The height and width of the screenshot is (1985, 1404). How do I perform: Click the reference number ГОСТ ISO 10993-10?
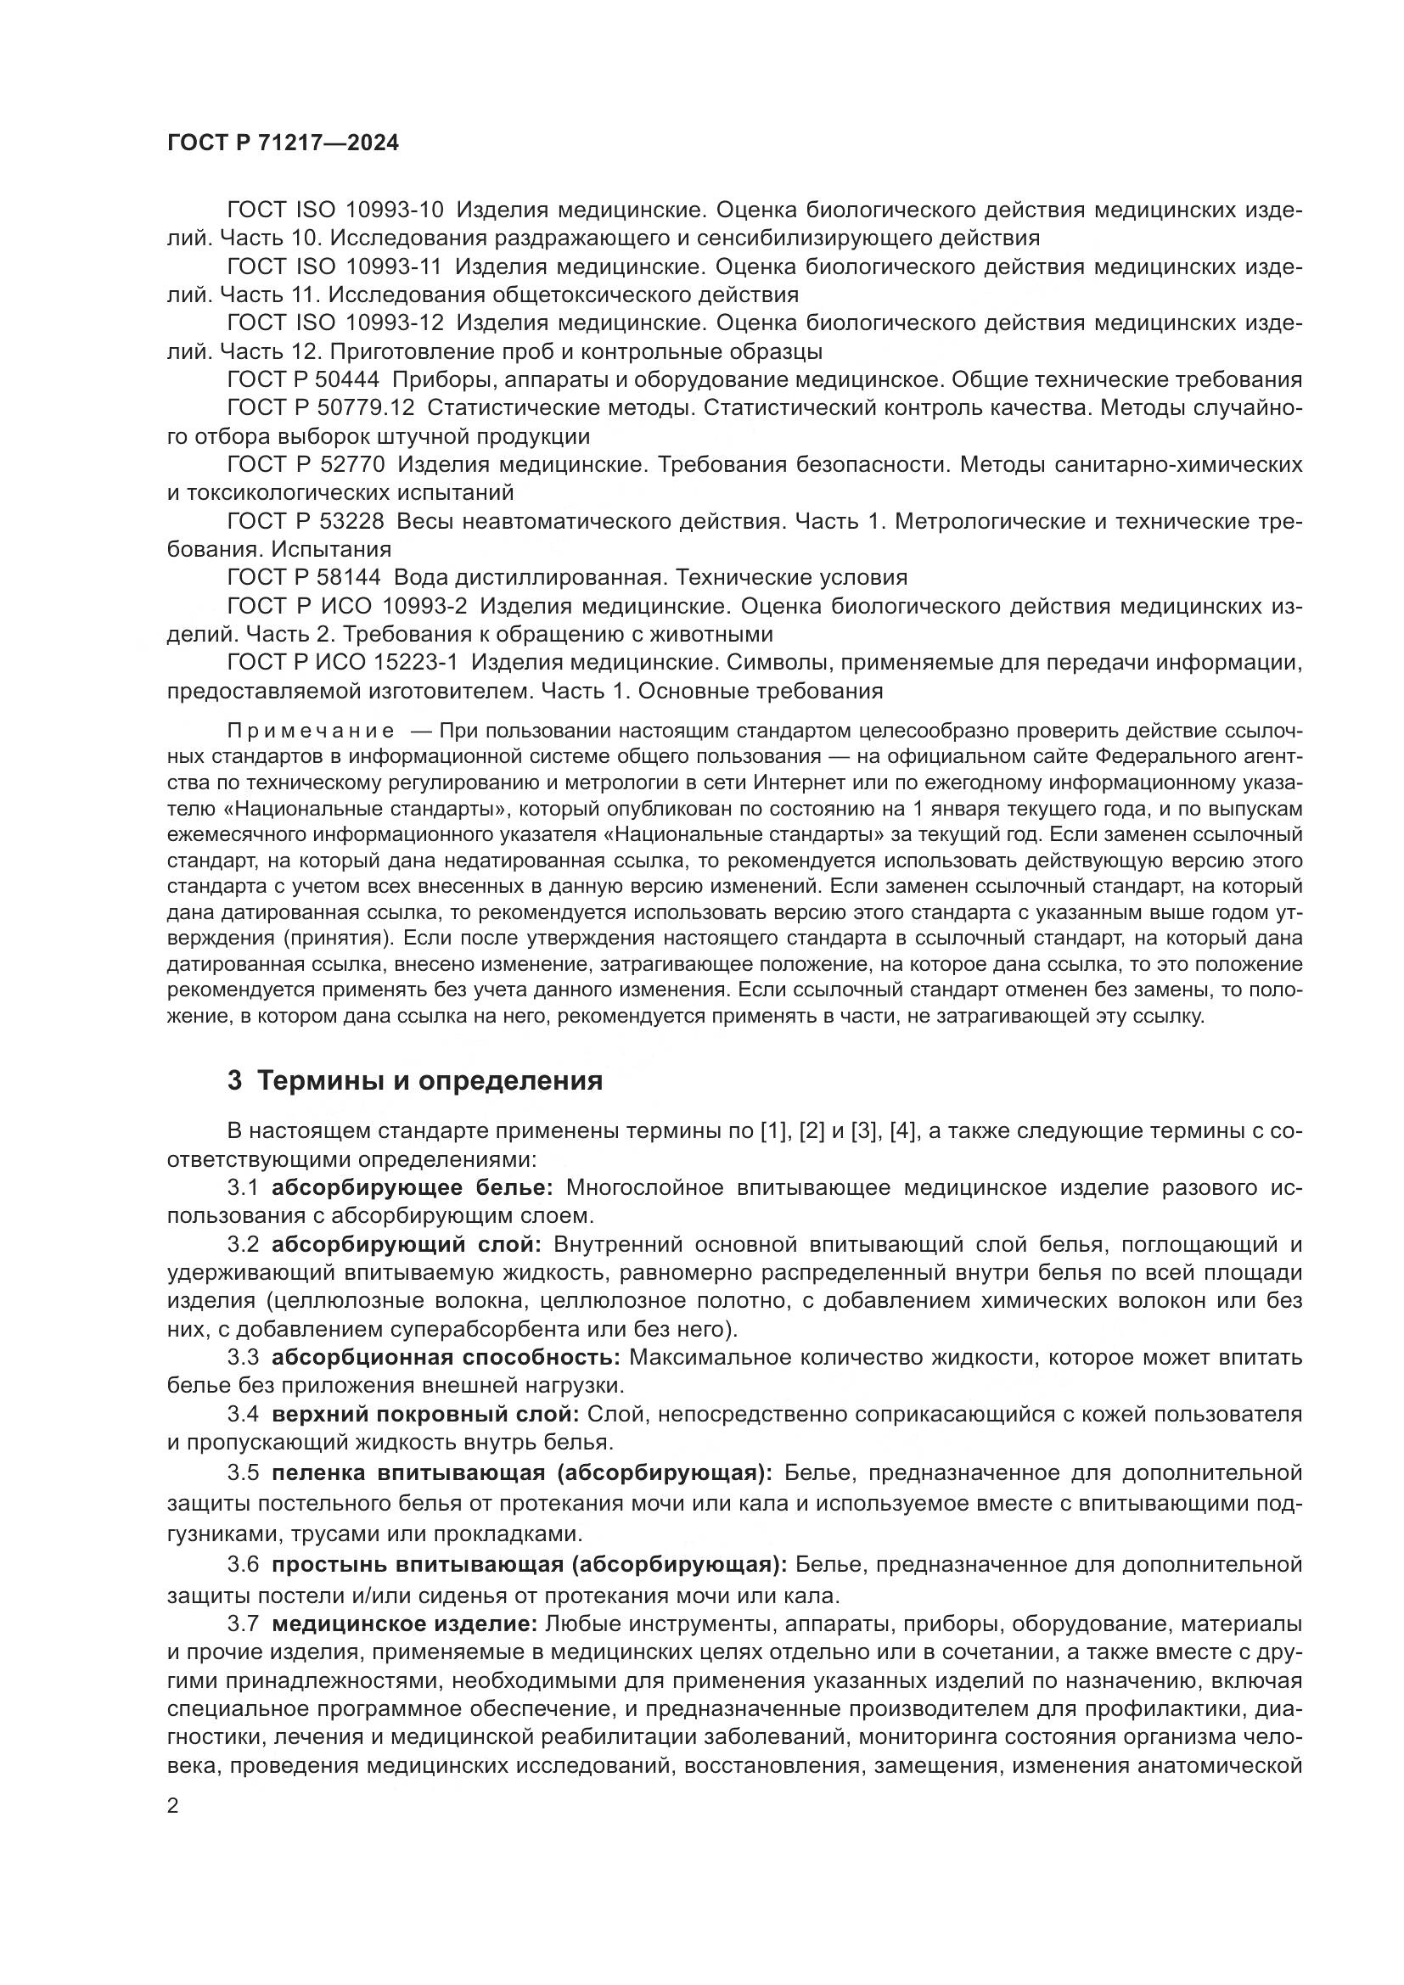tap(335, 210)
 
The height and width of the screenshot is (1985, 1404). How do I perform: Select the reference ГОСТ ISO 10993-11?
tap(335, 267)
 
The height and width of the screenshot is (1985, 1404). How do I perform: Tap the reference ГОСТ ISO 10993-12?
tap(335, 323)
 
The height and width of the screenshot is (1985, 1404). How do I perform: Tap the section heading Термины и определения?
tap(430, 1080)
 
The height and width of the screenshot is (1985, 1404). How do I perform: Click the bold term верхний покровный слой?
tap(425, 1415)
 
